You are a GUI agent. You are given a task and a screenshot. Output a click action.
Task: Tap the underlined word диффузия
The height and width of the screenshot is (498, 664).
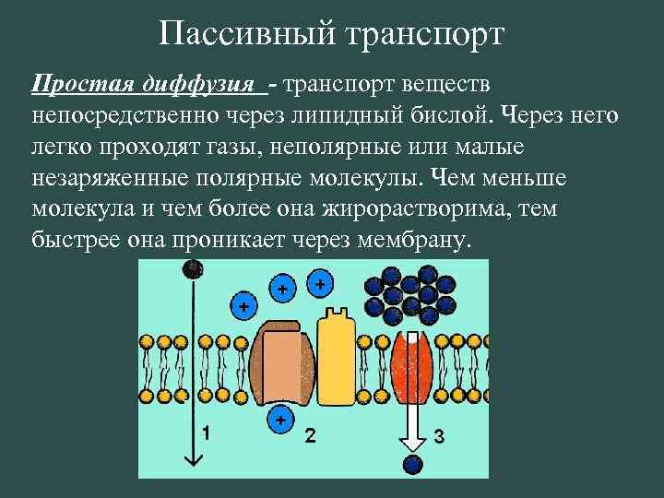click(x=203, y=85)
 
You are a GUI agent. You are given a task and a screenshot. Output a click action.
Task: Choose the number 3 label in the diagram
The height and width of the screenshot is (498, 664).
click(x=439, y=435)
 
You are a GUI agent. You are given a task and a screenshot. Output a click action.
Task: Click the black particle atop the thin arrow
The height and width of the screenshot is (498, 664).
click(x=192, y=269)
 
